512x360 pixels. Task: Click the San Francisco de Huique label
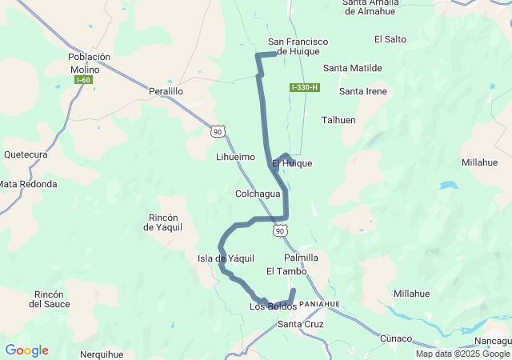click(x=298, y=46)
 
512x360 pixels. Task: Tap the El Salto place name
click(x=390, y=39)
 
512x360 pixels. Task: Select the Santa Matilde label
click(x=352, y=69)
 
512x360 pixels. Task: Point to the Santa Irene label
click(x=362, y=91)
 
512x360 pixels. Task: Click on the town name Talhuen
click(x=338, y=120)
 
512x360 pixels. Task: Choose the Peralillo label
click(x=166, y=92)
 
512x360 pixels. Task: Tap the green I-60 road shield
click(x=83, y=80)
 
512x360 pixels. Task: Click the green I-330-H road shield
click(x=305, y=87)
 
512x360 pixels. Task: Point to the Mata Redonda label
click(x=28, y=184)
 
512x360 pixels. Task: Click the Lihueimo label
click(x=235, y=158)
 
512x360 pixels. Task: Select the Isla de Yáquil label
click(x=226, y=258)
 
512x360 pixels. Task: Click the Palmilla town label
click(x=301, y=258)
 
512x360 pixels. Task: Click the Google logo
click(x=26, y=350)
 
